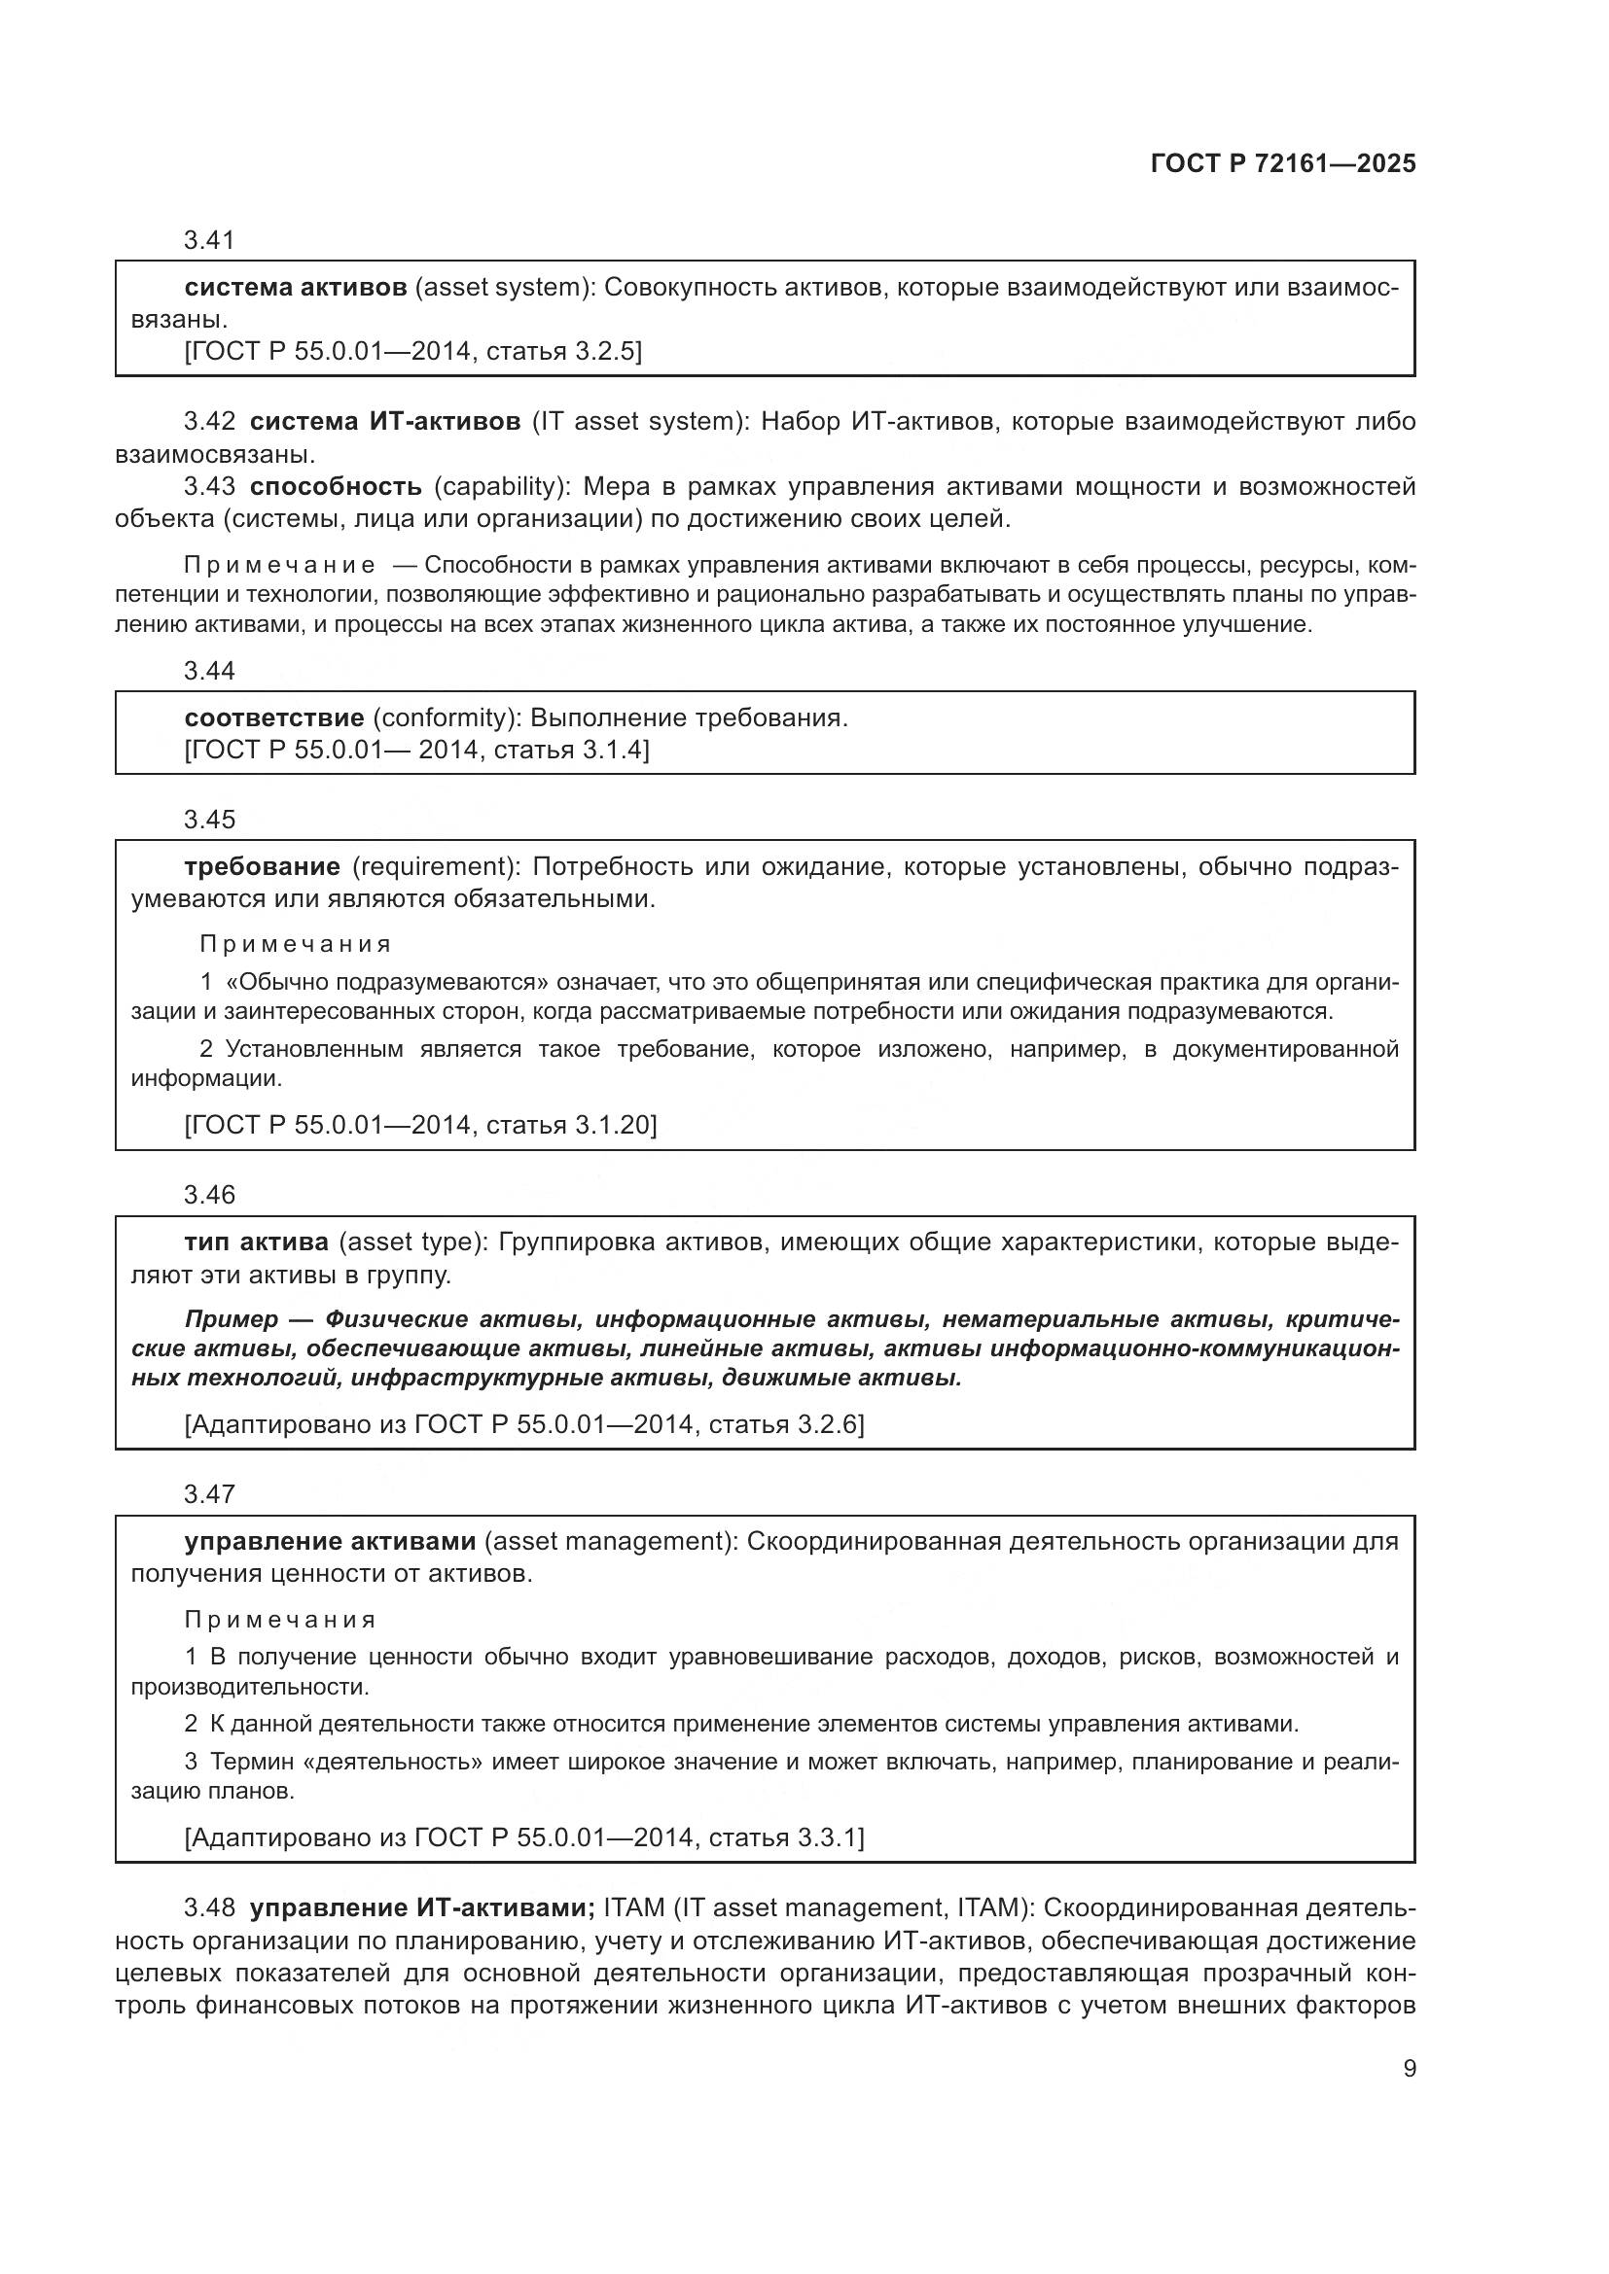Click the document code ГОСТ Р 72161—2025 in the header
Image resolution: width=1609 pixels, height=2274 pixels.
[1283, 164]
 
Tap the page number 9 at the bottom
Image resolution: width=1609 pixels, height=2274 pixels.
[1409, 2069]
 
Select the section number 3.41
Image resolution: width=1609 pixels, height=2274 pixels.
[209, 240]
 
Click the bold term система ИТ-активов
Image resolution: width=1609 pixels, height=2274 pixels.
[384, 422]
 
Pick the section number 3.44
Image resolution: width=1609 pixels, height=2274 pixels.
[209, 671]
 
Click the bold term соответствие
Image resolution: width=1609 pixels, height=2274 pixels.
[273, 718]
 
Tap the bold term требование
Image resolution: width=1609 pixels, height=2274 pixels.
[263, 866]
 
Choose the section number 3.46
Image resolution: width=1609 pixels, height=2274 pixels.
[209, 1195]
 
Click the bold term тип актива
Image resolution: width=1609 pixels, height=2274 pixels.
[257, 1242]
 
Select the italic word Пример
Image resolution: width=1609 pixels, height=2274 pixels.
[232, 1319]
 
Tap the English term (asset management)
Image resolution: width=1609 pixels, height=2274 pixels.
[607, 1541]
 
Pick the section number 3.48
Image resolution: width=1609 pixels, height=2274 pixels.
[209, 1907]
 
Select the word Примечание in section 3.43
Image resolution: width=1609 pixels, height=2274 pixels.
[279, 566]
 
